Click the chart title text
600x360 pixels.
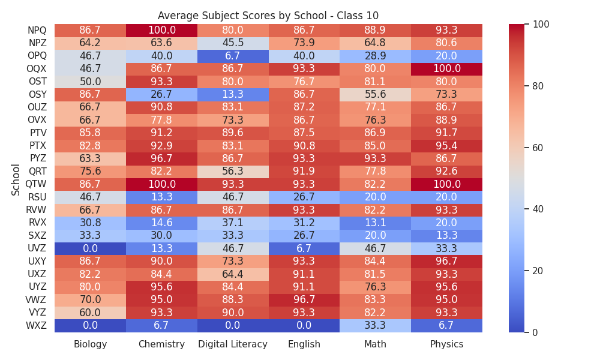tap(268, 16)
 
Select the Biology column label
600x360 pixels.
tap(91, 344)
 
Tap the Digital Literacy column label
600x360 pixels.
tap(233, 344)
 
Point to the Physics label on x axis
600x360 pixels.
tap(446, 344)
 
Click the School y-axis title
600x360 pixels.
tap(16, 180)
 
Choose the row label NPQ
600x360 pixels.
tap(37, 30)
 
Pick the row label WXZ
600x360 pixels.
tap(36, 326)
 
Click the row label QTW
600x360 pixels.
tap(36, 184)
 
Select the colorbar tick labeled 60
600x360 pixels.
tap(538, 148)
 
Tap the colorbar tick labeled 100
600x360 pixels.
tap(541, 24)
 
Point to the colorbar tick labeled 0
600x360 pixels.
tap(535, 332)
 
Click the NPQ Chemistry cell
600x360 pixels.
tap(161, 30)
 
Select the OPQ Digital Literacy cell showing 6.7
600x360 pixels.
tap(233, 56)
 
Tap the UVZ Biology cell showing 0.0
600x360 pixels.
tap(91, 248)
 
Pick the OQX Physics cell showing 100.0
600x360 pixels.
tap(446, 69)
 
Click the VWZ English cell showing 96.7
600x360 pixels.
tap(304, 300)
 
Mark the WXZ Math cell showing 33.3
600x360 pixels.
tap(376, 326)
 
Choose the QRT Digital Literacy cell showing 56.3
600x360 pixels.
tap(233, 172)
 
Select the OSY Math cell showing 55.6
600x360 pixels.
tap(376, 94)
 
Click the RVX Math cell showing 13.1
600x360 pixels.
tap(376, 223)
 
